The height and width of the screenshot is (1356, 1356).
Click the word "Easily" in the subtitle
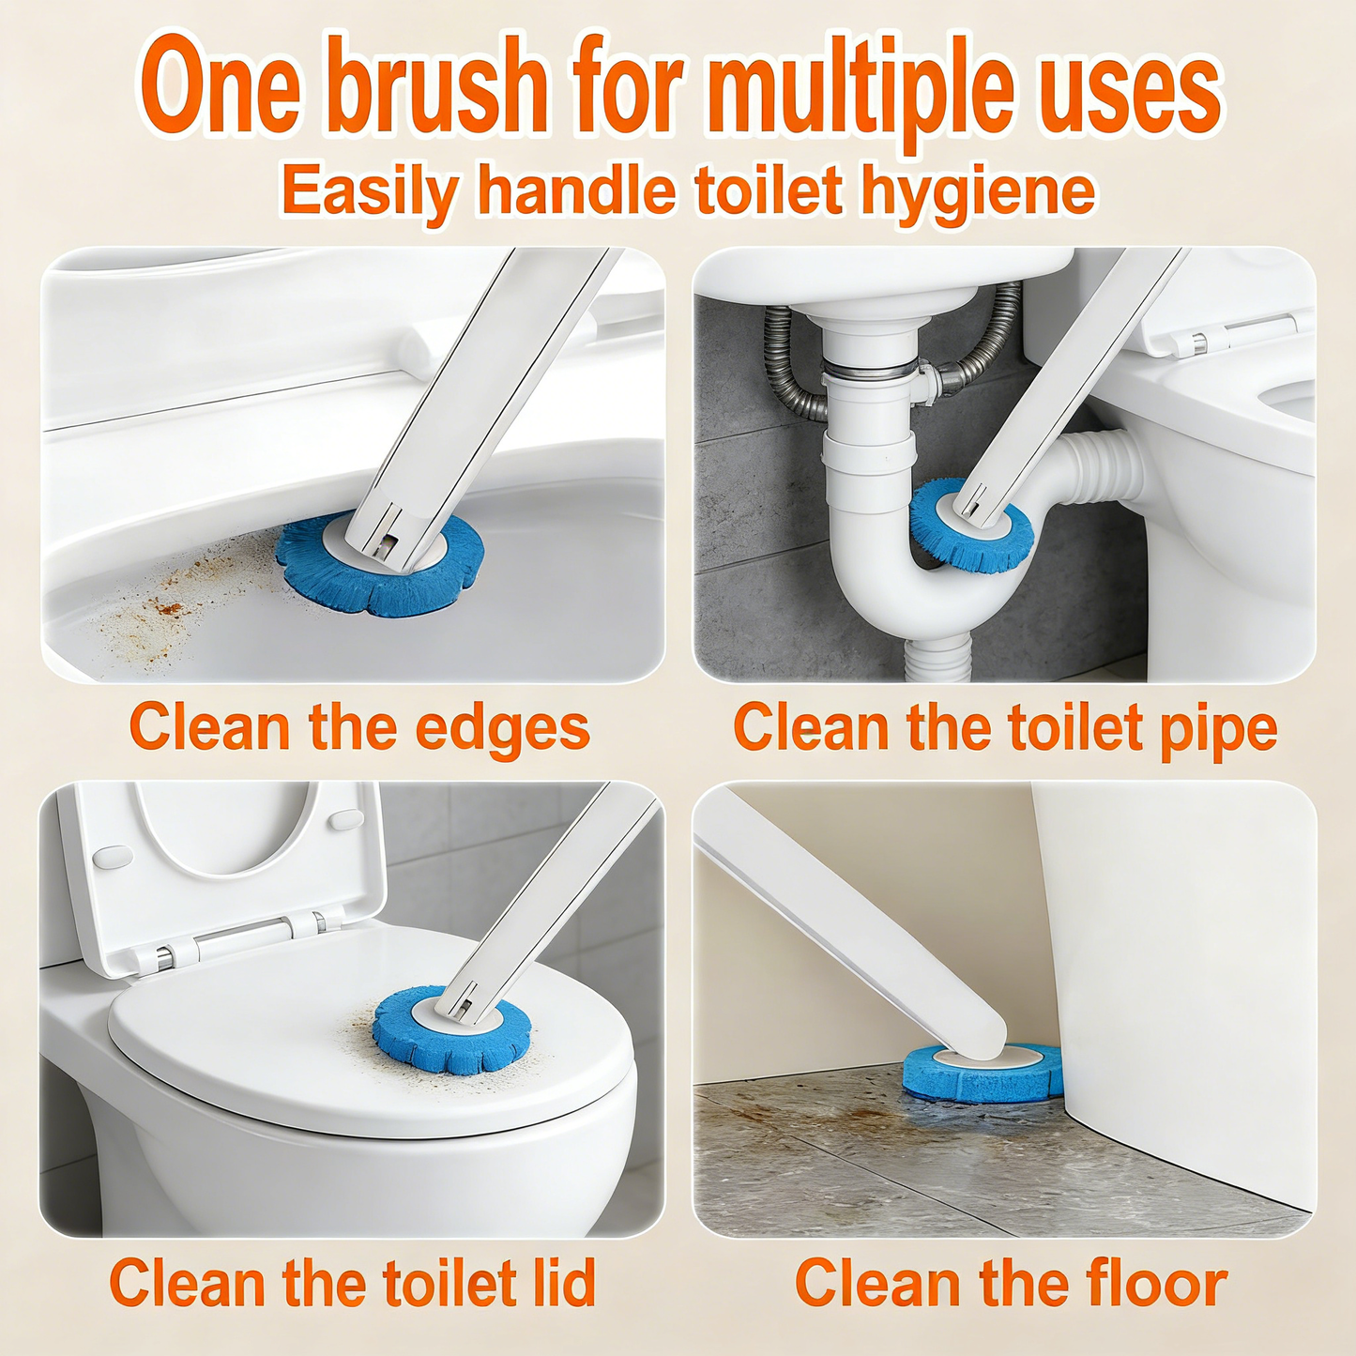[x=370, y=192]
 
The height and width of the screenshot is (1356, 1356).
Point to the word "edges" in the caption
[x=502, y=729]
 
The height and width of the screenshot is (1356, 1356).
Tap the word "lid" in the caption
[x=558, y=1283]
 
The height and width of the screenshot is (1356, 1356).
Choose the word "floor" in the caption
[x=1156, y=1283]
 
